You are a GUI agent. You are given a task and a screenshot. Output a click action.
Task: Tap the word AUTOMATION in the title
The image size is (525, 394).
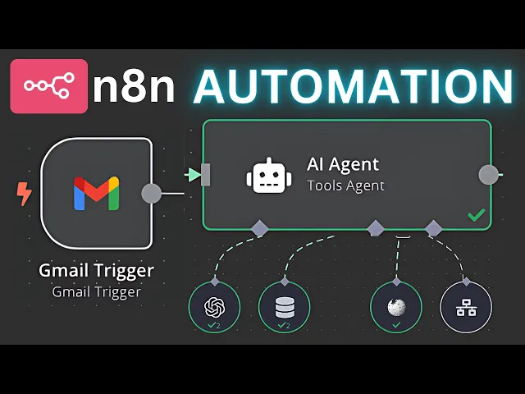tap(353, 86)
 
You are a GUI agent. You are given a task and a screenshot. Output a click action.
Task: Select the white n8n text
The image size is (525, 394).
tap(134, 87)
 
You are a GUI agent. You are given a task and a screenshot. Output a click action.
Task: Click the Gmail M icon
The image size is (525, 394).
tap(96, 193)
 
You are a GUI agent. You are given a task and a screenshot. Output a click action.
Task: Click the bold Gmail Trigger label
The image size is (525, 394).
tap(96, 270)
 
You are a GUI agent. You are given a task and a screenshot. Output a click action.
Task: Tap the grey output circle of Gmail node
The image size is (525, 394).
tap(151, 194)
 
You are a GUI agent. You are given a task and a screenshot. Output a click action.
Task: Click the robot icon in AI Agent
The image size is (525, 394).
tap(267, 175)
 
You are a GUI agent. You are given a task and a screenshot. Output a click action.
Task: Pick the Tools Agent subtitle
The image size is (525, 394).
tap(345, 186)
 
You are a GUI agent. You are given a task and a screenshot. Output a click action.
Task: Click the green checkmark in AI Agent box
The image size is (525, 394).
tap(475, 215)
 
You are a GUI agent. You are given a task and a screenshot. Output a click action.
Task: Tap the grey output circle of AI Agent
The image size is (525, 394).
tap(489, 174)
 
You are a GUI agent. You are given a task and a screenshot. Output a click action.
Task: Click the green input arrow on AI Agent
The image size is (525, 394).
tap(194, 174)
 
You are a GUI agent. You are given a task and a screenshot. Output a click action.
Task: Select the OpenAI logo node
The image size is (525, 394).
tap(214, 307)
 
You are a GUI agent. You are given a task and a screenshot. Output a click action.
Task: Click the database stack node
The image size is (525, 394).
tap(285, 307)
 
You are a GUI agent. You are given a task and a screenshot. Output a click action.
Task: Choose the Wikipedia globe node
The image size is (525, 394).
tap(396, 307)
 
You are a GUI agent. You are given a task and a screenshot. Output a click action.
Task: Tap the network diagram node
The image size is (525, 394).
tap(467, 307)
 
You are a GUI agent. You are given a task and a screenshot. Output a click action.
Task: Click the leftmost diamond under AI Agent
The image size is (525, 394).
tap(260, 228)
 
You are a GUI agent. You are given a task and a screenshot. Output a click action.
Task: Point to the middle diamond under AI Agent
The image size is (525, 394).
tap(375, 227)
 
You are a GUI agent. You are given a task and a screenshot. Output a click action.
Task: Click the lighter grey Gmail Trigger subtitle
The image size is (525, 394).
tap(96, 291)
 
